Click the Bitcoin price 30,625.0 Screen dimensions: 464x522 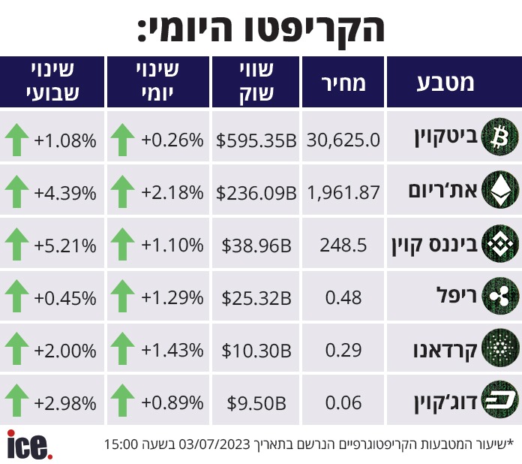tap(343, 139)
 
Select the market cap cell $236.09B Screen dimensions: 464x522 tap(256, 192)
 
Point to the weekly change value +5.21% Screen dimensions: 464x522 tap(65, 245)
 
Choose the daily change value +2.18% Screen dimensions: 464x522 tap(172, 192)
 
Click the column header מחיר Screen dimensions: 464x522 tap(343, 83)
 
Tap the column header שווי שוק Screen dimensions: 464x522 tap(256, 83)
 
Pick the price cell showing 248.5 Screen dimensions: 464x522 tap(343, 245)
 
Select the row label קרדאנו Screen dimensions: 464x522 tap(443, 351)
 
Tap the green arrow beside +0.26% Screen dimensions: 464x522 tap(123, 139)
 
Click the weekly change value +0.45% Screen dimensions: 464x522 tap(65, 298)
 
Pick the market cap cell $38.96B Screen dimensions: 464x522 tap(256, 245)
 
